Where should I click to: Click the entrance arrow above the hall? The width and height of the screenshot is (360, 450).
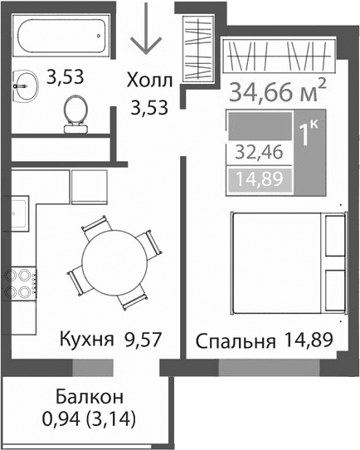click(x=147, y=30)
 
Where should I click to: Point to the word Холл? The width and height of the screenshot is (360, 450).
click(x=149, y=80)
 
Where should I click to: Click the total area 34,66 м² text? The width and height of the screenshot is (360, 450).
click(x=277, y=90)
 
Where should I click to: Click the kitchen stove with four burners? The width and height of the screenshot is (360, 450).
click(x=21, y=284)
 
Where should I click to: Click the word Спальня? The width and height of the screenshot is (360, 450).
click(x=234, y=341)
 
